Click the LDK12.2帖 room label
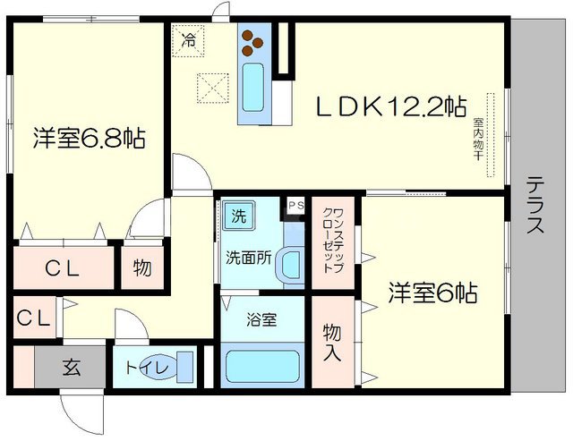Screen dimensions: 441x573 (x=389, y=107)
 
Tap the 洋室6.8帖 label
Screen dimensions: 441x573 (x=90, y=139)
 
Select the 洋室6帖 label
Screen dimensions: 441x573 (x=432, y=293)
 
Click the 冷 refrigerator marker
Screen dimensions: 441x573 (x=188, y=39)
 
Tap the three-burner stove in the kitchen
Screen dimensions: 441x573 (x=252, y=41)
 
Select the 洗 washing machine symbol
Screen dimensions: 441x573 (x=239, y=216)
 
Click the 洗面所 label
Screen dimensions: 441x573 (x=246, y=255)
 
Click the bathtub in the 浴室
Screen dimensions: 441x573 (x=262, y=367)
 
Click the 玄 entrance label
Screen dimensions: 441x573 (x=71, y=367)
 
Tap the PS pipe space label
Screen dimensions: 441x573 (x=296, y=204)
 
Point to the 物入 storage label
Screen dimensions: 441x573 (x=331, y=339)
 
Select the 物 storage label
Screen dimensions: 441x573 (x=141, y=267)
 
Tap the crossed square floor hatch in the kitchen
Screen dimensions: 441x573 (x=212, y=88)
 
